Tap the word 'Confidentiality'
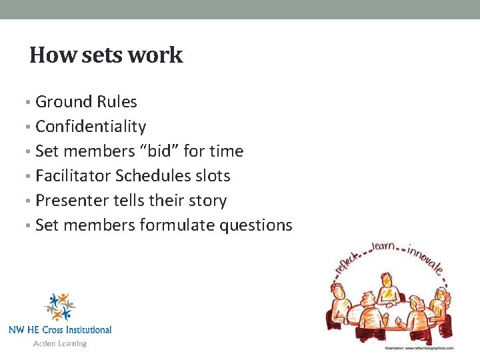coord(91,127)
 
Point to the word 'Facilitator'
coord(73,176)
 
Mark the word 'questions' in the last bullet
coord(257,225)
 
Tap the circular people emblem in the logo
coord(59,306)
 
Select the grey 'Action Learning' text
coord(60,343)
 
